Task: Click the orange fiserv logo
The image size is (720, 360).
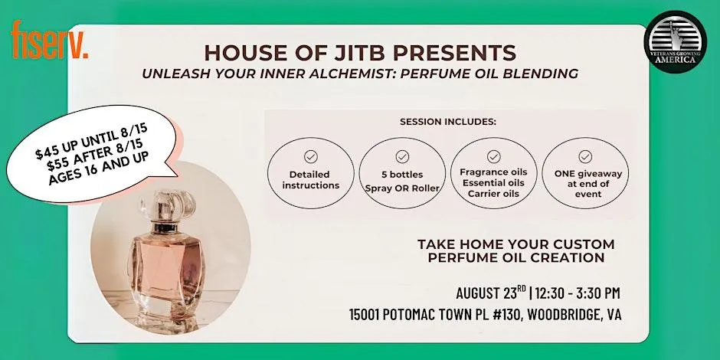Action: (50, 40)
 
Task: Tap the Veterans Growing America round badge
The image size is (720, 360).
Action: (675, 42)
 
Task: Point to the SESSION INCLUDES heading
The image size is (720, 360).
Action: (448, 122)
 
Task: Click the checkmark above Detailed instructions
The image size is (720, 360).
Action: (311, 156)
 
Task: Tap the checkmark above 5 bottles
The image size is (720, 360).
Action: (402, 156)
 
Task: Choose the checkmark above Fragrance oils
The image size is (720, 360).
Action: (493, 156)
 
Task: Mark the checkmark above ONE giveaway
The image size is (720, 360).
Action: (585, 156)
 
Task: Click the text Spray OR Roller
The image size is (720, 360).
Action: (402, 188)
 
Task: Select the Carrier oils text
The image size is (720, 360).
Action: (493, 194)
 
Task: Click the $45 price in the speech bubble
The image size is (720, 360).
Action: (47, 151)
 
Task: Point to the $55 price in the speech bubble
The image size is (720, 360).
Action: (59, 164)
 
